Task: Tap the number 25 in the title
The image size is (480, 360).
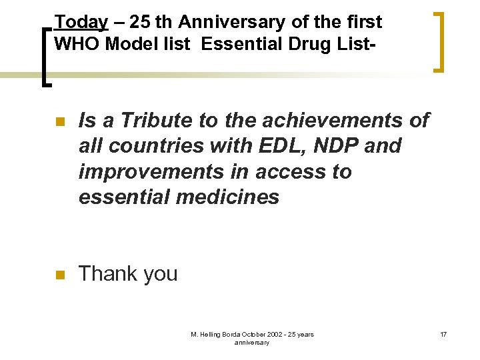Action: click(141, 23)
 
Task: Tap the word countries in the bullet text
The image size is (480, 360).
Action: click(152, 146)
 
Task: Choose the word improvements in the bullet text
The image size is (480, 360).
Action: click(141, 171)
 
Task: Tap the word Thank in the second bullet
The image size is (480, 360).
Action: click(107, 273)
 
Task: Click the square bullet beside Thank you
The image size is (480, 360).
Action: click(59, 274)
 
